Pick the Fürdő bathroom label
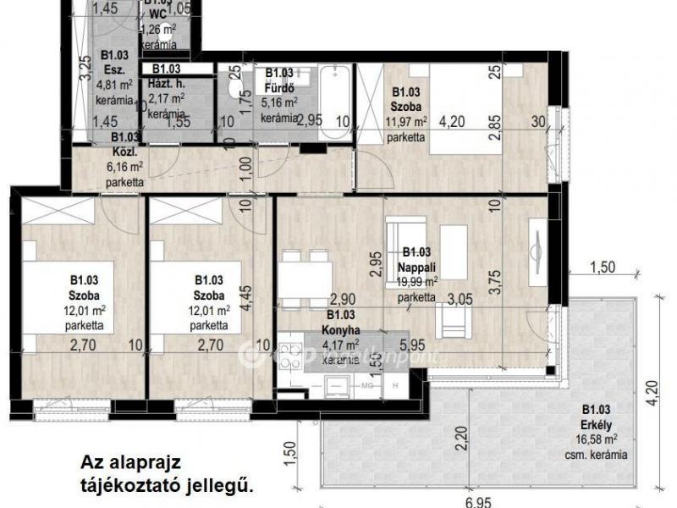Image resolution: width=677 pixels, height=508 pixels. click(x=279, y=88)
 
